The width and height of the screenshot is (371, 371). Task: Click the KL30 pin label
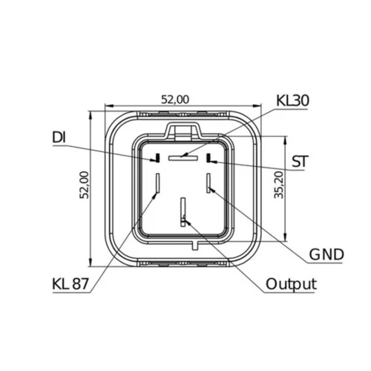pyautogui.click(x=292, y=101)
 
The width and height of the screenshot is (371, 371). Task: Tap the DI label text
pyautogui.click(x=59, y=137)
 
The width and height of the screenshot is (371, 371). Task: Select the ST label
pyautogui.click(x=300, y=162)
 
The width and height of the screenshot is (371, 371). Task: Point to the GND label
pyautogui.click(x=326, y=255)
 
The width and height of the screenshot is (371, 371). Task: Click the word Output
pyautogui.click(x=291, y=284)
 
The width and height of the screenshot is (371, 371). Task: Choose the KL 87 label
pyautogui.click(x=70, y=284)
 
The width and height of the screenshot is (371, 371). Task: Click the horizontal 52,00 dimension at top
pyautogui.click(x=175, y=99)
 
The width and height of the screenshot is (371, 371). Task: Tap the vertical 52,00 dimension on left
pyautogui.click(x=85, y=185)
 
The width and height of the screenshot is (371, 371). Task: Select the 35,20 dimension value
pyautogui.click(x=279, y=185)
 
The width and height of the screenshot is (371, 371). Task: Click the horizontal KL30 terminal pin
pyautogui.click(x=183, y=158)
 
